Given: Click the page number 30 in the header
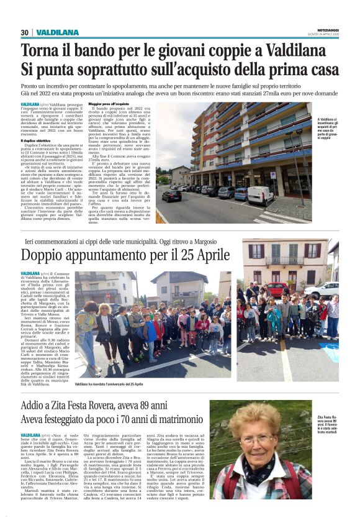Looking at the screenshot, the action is [x=25, y=32].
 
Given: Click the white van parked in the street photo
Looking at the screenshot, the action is [x=261, y=196].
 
